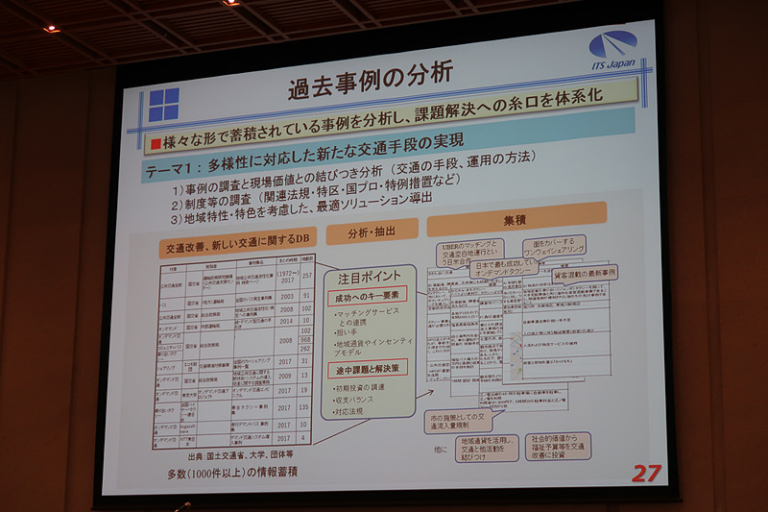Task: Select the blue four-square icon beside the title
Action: (x=163, y=104)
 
